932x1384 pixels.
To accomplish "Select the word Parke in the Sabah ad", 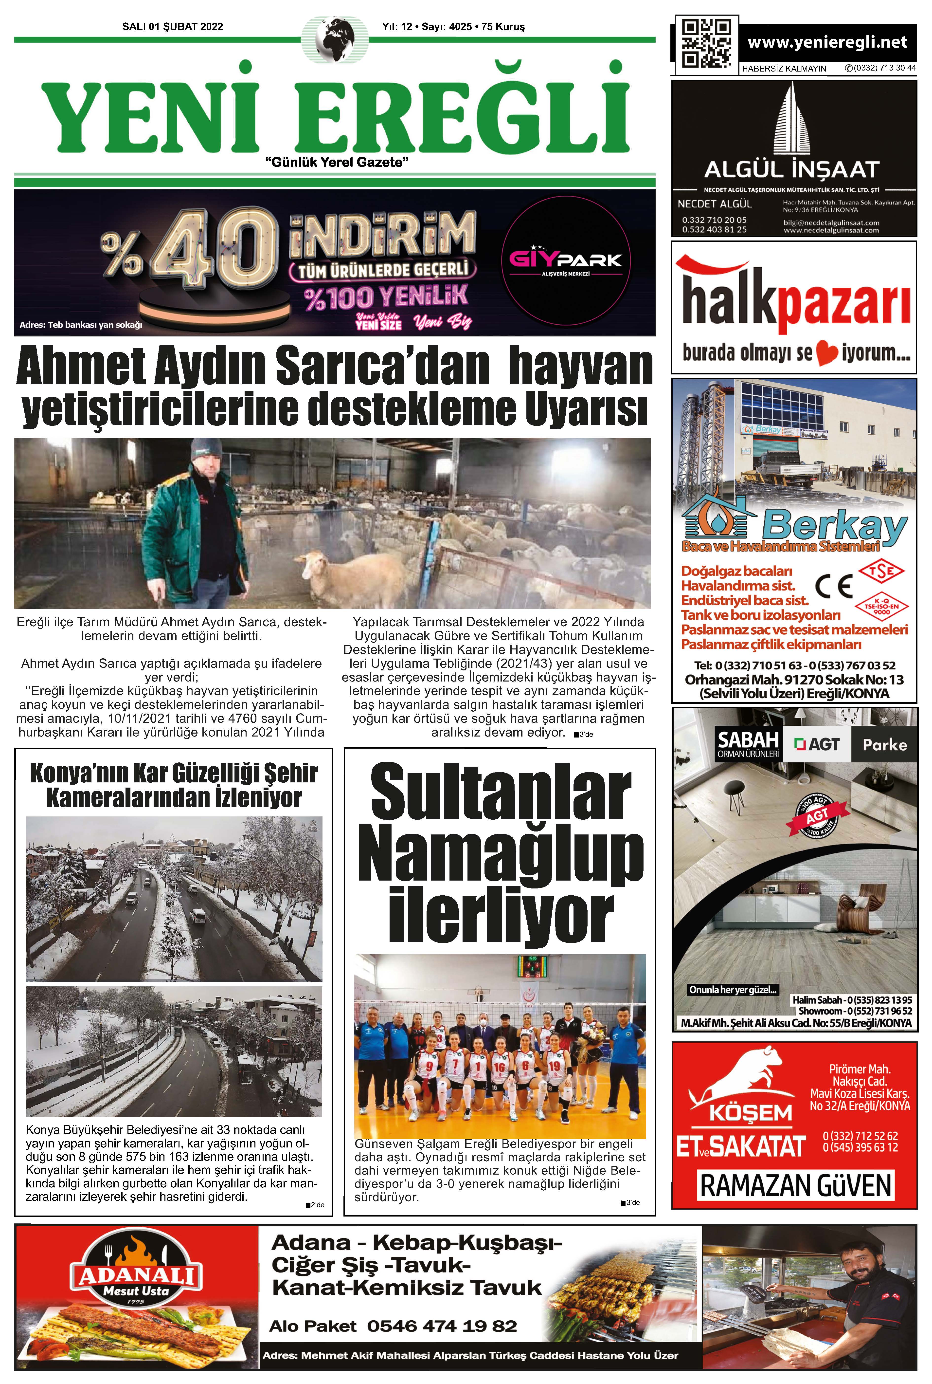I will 884,744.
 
